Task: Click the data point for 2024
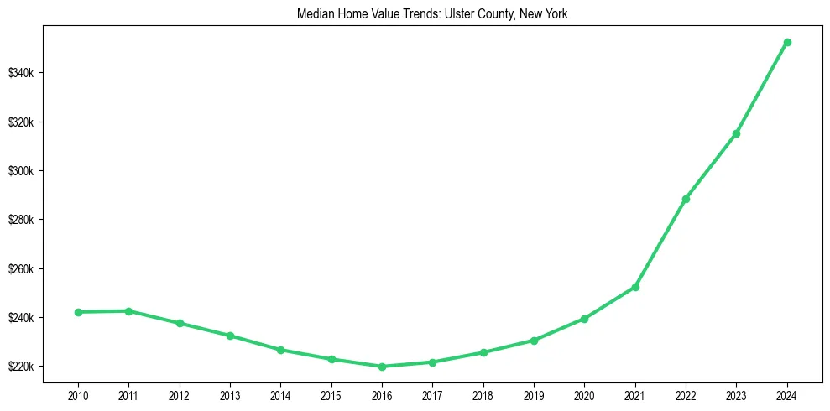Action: pos(787,42)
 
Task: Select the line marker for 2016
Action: pos(382,367)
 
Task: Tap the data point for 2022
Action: pos(686,199)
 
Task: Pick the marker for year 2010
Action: pos(78,312)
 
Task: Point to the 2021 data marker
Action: pos(635,287)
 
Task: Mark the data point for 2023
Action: pos(736,133)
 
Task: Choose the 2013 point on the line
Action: pos(230,336)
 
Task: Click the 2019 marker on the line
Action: pos(534,341)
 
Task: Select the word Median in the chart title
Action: pos(314,14)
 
